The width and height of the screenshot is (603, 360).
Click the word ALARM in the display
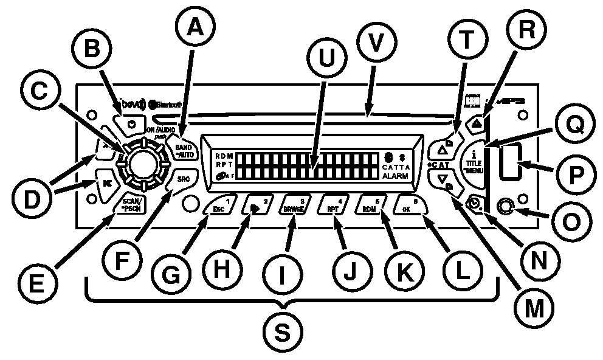point(396,175)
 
